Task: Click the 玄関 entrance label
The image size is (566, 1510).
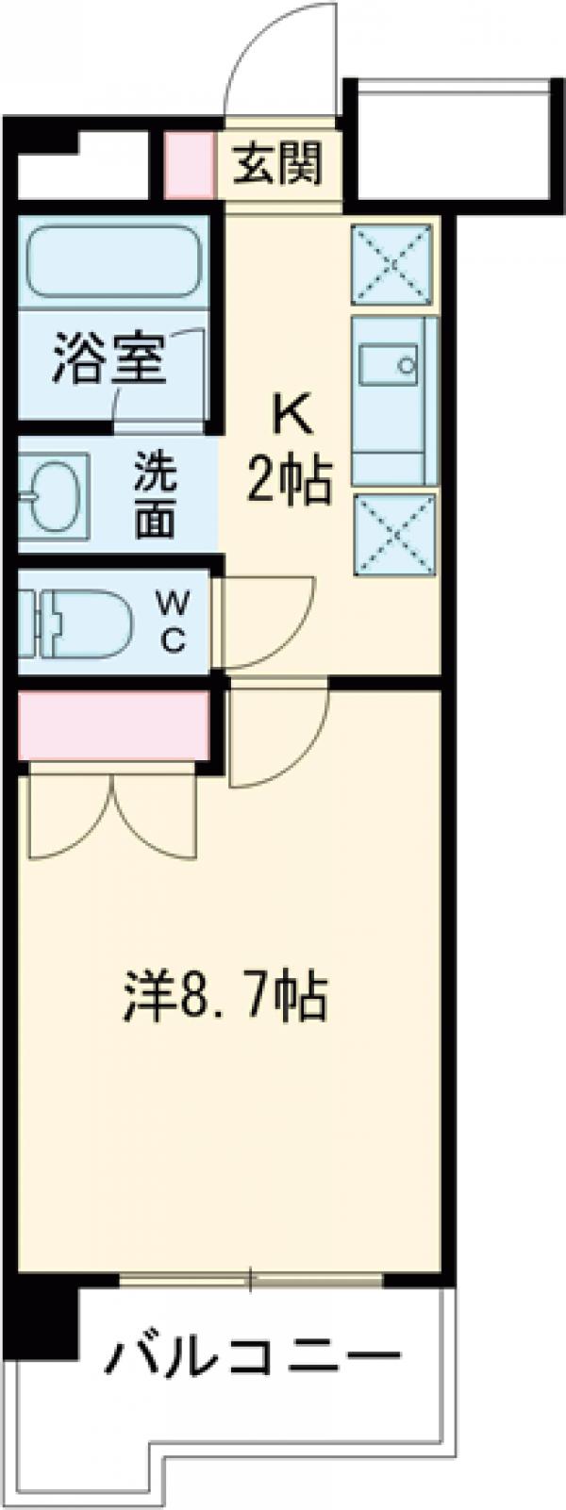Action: point(278,164)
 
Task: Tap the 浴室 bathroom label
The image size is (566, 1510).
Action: point(108,357)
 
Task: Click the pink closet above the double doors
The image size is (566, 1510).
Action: point(112,725)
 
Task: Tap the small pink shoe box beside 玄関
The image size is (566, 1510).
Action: point(190,164)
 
